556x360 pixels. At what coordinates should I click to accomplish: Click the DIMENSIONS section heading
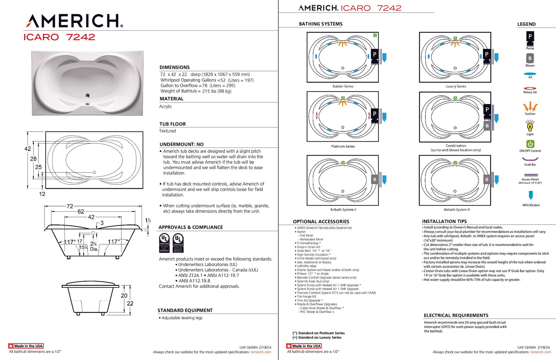[175, 67]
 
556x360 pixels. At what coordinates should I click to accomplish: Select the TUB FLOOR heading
[172, 124]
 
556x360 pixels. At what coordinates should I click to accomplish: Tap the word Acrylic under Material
[165, 106]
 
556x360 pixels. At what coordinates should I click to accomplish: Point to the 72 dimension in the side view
[70, 206]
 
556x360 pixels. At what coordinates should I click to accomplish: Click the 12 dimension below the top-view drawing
[42, 194]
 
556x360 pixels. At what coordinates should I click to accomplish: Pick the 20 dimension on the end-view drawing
[124, 295]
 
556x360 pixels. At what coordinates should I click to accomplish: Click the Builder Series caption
[343, 86]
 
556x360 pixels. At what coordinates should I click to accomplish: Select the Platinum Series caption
[343, 146]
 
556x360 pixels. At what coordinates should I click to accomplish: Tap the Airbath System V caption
[457, 210]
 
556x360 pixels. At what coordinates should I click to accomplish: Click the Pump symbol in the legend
[530, 37]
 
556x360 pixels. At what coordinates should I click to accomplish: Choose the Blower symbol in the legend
[530, 58]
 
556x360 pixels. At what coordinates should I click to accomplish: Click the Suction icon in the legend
[530, 106]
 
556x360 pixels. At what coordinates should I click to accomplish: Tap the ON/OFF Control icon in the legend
[530, 143]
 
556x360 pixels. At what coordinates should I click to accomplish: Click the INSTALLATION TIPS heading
[444, 221]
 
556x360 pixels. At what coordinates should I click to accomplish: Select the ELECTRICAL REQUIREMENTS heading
[456, 316]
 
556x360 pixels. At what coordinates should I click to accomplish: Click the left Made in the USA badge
[26, 346]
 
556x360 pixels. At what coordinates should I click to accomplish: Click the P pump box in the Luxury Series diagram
[487, 55]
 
